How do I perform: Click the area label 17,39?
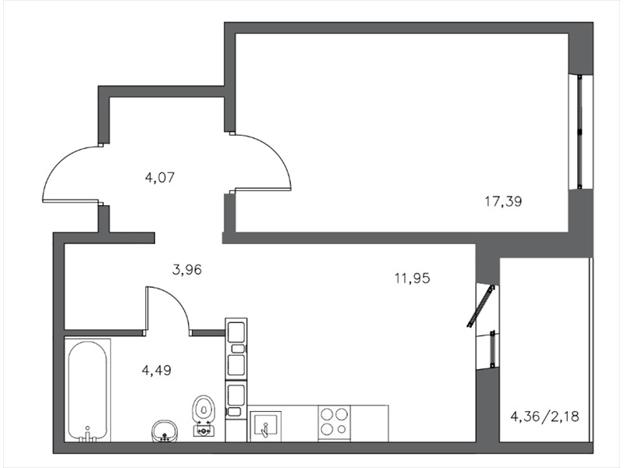pyautogui.click(x=503, y=202)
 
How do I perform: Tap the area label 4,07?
pyautogui.click(x=160, y=177)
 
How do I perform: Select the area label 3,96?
pyautogui.click(x=187, y=270)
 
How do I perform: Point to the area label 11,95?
pyautogui.click(x=413, y=278)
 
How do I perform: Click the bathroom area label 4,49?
pyautogui.click(x=157, y=370)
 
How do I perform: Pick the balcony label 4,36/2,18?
pyautogui.click(x=544, y=417)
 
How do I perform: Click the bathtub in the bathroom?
pyautogui.click(x=87, y=391)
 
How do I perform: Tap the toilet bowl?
pyautogui.click(x=204, y=415)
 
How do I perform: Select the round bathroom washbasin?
pyautogui.click(x=165, y=431)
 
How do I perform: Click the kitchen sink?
pyautogui.click(x=266, y=426)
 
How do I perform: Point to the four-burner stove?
pyautogui.click(x=335, y=423)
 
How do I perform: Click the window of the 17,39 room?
pyautogui.click(x=580, y=131)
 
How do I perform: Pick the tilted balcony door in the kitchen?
pyautogui.click(x=480, y=306)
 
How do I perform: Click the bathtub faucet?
pyautogui.click(x=87, y=434)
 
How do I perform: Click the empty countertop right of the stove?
pyautogui.click(x=369, y=423)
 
